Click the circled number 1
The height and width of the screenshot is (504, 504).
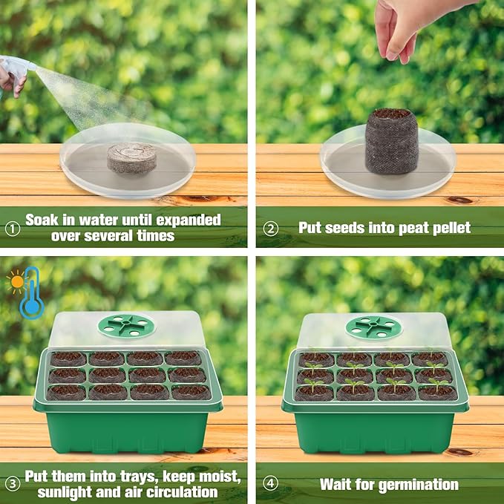pos(12,228)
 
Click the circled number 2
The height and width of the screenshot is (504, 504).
pos(272,228)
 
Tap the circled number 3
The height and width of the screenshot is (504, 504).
pos(12,483)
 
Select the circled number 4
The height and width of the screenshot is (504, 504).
pos(272,484)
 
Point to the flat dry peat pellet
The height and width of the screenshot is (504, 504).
pos(131,157)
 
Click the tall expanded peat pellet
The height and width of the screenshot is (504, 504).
pos(391,140)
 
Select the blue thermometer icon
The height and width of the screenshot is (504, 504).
pos(32,294)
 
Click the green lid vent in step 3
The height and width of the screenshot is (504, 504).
pos(126,324)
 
